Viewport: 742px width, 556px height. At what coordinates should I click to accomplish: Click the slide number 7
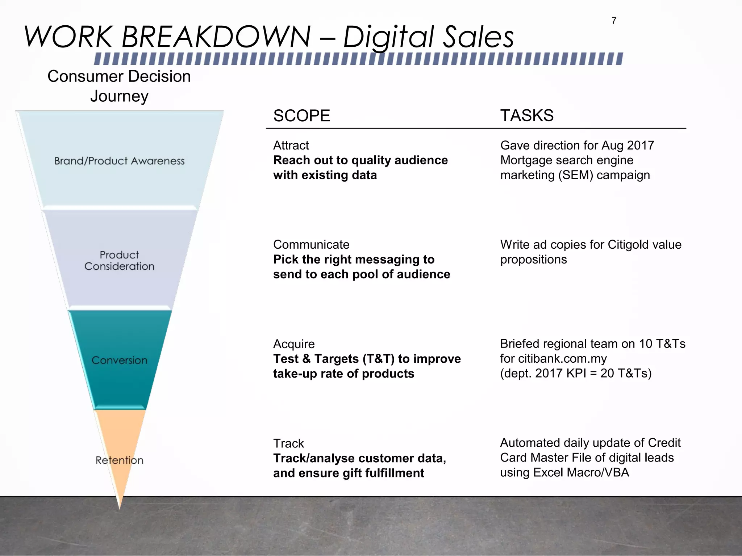click(x=614, y=21)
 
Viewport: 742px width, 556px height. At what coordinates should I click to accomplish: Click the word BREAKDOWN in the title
click(x=216, y=37)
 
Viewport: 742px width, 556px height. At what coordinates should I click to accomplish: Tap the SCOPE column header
click(x=301, y=116)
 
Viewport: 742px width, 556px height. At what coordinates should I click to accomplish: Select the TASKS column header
click(x=527, y=116)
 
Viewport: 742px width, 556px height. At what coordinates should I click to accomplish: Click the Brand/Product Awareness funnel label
click(x=119, y=161)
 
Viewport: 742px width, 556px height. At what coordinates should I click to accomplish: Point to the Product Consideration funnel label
click(x=119, y=261)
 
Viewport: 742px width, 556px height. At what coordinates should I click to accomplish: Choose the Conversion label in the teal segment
click(x=119, y=361)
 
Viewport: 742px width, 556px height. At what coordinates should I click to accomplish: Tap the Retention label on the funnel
click(x=119, y=460)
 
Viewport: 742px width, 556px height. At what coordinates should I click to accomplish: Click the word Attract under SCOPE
click(x=291, y=146)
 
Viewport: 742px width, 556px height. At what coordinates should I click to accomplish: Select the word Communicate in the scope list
click(x=311, y=245)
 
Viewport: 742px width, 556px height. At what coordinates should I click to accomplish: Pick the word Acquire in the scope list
click(x=294, y=344)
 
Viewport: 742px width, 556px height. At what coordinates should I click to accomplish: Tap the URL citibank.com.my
click(x=562, y=359)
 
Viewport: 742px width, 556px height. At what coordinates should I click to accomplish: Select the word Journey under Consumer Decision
click(x=119, y=96)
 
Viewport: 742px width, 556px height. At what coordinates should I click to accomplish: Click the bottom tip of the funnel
click(x=120, y=507)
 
